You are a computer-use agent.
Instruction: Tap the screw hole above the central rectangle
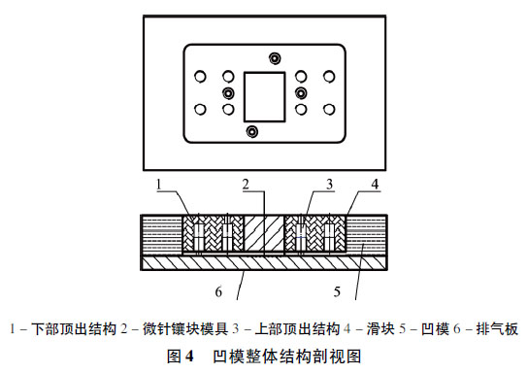[276, 58]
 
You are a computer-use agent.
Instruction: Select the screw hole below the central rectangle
[252, 130]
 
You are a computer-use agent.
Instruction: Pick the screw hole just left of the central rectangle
[229, 93]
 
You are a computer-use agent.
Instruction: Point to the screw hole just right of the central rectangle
[300, 93]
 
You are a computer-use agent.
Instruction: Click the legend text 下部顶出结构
[65, 328]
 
